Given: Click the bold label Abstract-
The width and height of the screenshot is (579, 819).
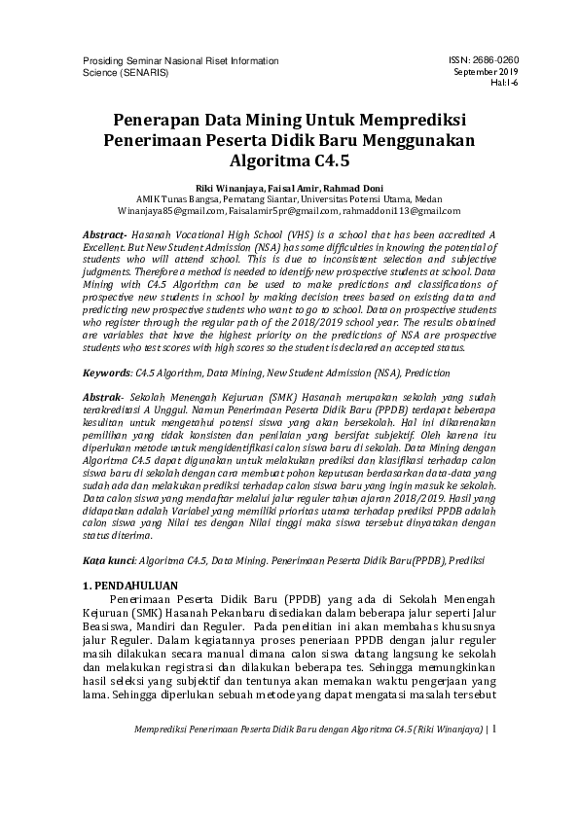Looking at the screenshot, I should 107,236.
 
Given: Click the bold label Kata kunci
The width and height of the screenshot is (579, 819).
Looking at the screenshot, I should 106,561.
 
